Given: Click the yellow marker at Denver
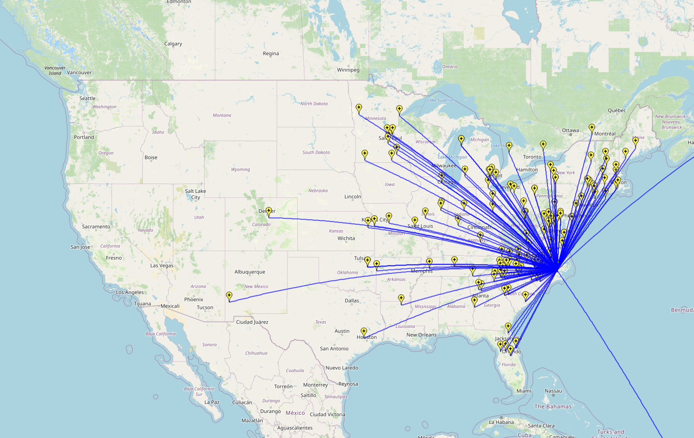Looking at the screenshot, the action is (x=268, y=211).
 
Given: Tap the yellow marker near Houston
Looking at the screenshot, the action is (x=364, y=332).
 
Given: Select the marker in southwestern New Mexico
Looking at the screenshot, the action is (x=229, y=296).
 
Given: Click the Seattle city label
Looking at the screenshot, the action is (x=87, y=98).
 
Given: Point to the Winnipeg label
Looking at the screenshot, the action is (x=348, y=70).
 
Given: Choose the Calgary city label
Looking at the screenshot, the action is (x=173, y=44).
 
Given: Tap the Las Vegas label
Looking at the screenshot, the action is (x=162, y=266).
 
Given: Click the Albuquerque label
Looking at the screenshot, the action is (x=249, y=272).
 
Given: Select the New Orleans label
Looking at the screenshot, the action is (x=421, y=335).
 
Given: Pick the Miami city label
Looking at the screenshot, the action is (x=524, y=391).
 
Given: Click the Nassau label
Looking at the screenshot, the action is (x=553, y=391).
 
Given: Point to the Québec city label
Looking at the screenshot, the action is (x=617, y=111).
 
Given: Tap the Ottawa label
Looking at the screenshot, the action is (x=570, y=131).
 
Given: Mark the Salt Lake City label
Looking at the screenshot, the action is (x=195, y=194).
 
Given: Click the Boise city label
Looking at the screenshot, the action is (x=151, y=158).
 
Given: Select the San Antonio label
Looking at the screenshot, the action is (x=334, y=349).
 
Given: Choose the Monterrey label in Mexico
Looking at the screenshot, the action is (x=315, y=385).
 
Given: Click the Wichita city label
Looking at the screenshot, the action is (x=346, y=238).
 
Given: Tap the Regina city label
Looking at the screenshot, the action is (x=271, y=54).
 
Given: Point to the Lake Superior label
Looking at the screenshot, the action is (x=441, y=101).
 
